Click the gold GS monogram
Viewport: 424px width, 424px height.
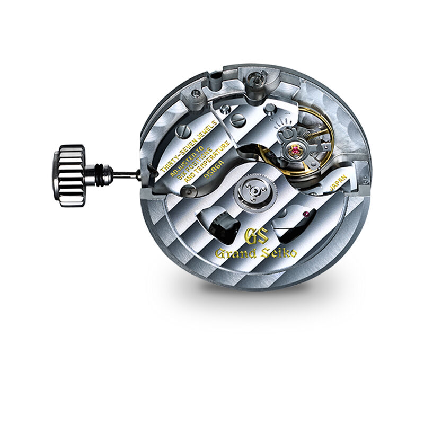(x=254, y=235)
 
